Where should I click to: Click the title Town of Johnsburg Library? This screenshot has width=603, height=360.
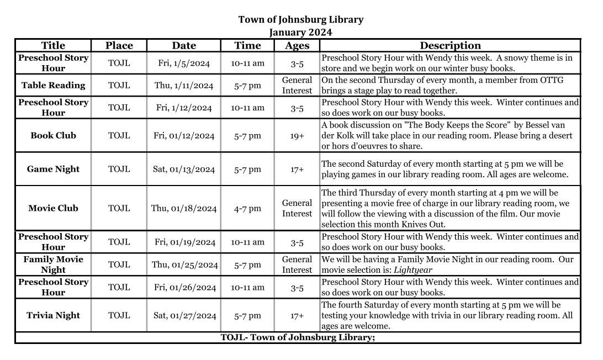[x=301, y=20]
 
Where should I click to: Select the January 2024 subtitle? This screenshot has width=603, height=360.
[x=301, y=33]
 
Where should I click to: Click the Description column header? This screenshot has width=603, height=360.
[x=450, y=46]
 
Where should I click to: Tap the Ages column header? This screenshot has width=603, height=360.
[x=297, y=46]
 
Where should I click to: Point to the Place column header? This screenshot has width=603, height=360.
[x=119, y=46]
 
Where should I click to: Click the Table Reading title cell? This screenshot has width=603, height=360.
[x=54, y=85]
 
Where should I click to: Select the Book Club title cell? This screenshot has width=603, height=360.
[x=54, y=135]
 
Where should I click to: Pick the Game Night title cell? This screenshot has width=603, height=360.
[x=54, y=169]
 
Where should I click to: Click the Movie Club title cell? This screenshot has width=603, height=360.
[x=54, y=208]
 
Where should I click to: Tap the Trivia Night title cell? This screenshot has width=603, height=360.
[x=54, y=315]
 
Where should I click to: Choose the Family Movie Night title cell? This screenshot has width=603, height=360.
[x=54, y=264]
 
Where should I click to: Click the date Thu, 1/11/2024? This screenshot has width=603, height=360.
[x=184, y=86]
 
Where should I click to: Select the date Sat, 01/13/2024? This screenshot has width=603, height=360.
[x=184, y=170]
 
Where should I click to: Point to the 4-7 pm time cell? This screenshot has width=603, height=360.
[x=247, y=209]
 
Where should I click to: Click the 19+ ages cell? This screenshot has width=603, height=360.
[x=297, y=136]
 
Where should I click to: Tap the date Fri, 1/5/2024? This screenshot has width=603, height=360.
[x=184, y=63]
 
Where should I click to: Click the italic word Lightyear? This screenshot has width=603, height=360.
[x=413, y=270]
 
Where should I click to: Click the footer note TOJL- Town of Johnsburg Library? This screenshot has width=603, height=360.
[x=298, y=337]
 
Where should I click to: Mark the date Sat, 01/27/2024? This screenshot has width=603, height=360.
[x=184, y=316]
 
